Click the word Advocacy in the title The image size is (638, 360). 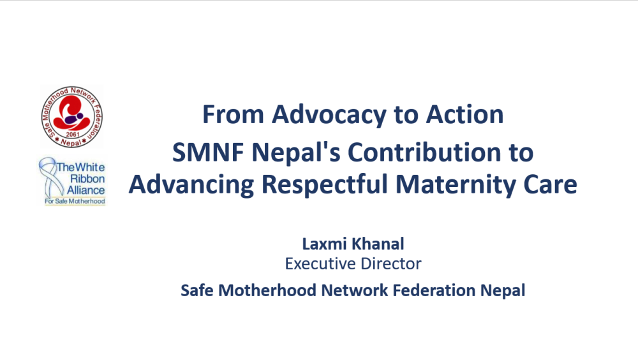[x=329, y=115]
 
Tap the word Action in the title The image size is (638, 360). [x=464, y=114]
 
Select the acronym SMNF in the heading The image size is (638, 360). [x=208, y=153]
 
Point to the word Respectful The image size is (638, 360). [x=325, y=184]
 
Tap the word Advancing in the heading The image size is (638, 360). [x=191, y=185]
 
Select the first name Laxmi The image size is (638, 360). [x=324, y=244]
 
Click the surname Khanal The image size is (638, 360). [x=378, y=244]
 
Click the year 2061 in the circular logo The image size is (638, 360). [x=73, y=135]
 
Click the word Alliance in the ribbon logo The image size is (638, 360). [x=86, y=190]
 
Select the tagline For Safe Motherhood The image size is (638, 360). [x=75, y=201]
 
